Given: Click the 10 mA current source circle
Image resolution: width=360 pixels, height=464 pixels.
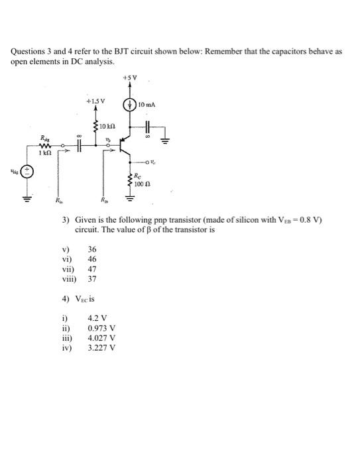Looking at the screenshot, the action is (131, 105).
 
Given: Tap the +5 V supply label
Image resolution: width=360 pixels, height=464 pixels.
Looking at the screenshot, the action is (131, 78).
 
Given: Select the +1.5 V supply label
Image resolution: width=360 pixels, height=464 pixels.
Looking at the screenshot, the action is (95, 101).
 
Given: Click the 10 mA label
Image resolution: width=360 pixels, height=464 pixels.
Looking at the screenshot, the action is (148, 105).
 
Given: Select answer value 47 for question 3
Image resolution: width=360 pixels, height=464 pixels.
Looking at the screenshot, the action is (92, 270).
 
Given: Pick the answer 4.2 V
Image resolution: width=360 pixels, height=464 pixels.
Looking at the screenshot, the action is (98, 318).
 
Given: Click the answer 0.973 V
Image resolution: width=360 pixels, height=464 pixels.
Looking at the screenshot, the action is (101, 327).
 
